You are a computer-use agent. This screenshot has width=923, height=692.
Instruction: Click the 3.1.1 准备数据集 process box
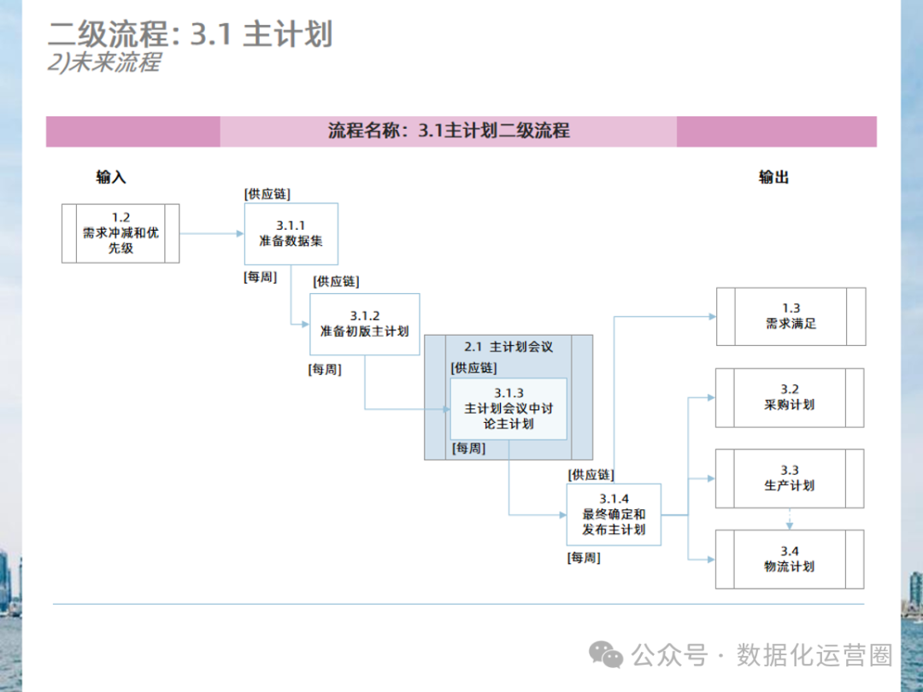tap(291, 233)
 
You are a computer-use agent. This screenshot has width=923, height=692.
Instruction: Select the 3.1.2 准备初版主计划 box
tap(364, 324)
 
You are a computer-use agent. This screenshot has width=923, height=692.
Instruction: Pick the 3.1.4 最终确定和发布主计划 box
tap(614, 514)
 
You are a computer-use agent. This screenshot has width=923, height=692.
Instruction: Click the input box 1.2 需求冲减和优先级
tap(121, 232)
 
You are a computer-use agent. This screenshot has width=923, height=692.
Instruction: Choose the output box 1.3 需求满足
tap(791, 316)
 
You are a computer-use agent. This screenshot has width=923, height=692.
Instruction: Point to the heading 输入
tap(111, 177)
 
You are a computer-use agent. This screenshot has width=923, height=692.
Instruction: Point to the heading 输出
tap(773, 177)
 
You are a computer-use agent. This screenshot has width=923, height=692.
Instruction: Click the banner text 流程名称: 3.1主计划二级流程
tap(449, 131)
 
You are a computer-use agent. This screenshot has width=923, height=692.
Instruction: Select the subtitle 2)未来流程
tap(103, 62)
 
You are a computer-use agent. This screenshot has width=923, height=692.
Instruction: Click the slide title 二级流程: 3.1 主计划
tap(190, 34)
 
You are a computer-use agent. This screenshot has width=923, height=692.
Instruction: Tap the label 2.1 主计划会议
tap(509, 347)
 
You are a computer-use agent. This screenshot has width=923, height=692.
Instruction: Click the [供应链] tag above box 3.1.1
tap(267, 194)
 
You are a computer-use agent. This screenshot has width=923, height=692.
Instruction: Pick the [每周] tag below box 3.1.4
tap(584, 558)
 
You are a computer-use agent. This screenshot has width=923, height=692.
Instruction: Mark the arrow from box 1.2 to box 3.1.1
tap(212, 233)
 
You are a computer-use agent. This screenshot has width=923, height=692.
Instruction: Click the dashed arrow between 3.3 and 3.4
tap(789, 519)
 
